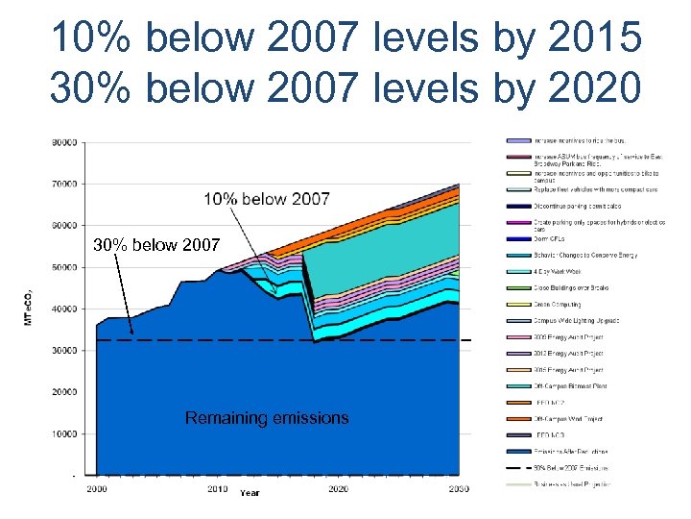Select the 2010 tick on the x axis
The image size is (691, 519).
[218, 489]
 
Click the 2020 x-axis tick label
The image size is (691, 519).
[338, 489]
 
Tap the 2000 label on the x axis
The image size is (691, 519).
[96, 489]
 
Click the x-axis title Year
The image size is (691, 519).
[250, 493]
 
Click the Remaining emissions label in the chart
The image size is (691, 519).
[267, 418]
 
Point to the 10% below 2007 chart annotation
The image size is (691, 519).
[266, 200]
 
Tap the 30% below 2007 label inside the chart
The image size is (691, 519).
[155, 245]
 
